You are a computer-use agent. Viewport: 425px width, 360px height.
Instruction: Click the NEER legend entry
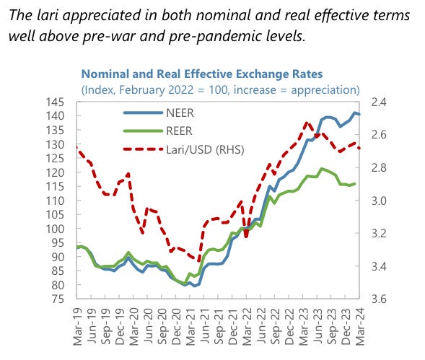point(159,113)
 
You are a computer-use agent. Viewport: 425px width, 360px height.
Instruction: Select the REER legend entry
point(158,131)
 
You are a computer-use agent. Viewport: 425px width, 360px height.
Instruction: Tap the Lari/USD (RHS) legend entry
point(184,149)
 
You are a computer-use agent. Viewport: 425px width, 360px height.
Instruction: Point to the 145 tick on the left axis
point(55,102)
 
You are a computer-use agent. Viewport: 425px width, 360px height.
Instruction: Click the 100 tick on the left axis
point(55,229)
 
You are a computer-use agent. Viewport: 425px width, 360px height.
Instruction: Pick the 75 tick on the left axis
point(58,299)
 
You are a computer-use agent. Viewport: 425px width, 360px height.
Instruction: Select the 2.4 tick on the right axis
point(379,102)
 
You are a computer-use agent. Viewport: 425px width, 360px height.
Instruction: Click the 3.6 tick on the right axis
point(379,299)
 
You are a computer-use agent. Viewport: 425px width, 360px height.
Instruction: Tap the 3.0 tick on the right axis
point(379,201)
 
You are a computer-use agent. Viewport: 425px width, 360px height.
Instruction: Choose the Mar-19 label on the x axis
point(77,326)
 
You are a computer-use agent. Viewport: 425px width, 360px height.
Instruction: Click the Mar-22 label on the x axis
point(247,326)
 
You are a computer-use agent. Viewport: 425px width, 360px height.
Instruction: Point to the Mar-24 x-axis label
point(359,326)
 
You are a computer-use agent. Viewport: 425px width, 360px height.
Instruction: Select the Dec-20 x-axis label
point(176,326)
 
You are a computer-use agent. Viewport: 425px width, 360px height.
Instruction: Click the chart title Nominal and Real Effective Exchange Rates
point(202,74)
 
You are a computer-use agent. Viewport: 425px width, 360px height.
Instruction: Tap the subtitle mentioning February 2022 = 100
point(220,89)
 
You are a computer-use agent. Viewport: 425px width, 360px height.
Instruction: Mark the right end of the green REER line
point(355,184)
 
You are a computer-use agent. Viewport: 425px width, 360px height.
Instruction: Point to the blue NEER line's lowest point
point(194,286)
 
